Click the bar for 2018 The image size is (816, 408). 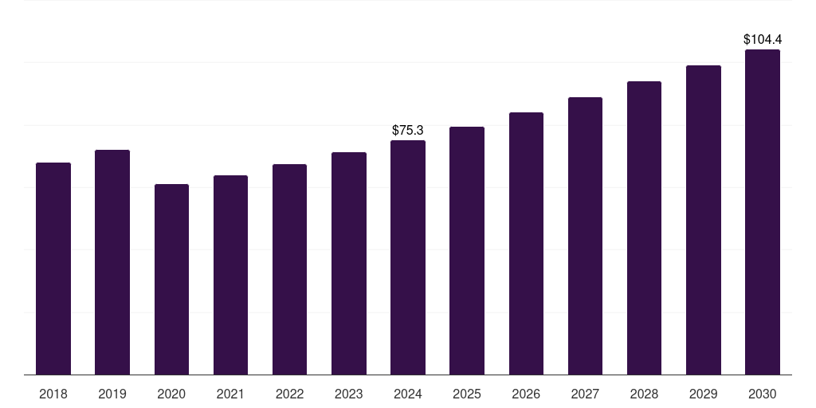(53, 269)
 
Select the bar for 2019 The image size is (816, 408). (112, 262)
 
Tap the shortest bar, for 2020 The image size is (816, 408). (172, 280)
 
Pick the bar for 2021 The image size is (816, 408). (230, 275)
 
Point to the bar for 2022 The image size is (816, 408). (289, 269)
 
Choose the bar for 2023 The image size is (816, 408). (349, 263)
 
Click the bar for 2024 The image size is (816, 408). (408, 257)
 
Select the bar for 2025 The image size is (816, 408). (467, 251)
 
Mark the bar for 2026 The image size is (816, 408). (526, 244)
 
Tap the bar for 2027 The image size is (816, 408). (585, 236)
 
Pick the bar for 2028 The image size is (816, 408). (644, 228)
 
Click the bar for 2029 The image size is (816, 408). (704, 220)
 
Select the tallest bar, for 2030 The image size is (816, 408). (763, 212)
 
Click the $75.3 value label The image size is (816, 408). (408, 130)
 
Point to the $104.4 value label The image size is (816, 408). (763, 40)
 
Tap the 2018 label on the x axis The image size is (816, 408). (53, 394)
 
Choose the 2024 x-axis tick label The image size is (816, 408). (408, 394)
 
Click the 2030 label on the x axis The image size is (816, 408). (763, 394)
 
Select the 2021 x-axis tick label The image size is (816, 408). (230, 394)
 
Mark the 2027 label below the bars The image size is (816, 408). (585, 394)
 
